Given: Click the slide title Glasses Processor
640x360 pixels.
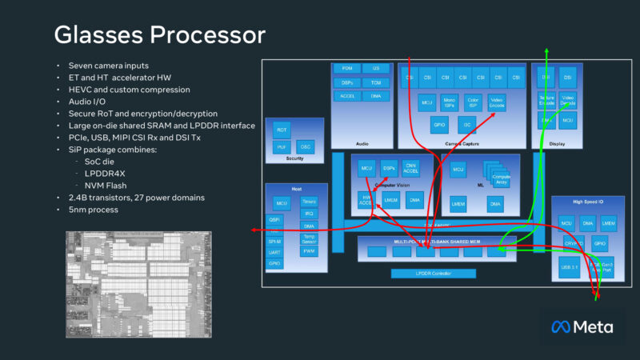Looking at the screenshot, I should pos(159,36).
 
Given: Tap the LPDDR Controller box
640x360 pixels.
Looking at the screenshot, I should pos(433,274).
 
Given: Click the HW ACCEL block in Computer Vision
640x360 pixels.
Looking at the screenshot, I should pos(366,201).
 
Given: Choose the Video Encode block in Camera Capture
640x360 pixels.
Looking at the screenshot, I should pos(496,102).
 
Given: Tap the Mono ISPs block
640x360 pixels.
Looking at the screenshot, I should pos(449,102).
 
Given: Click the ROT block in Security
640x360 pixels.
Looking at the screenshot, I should pos(282,130).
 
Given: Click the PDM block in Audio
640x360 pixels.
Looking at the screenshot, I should pos(347,69).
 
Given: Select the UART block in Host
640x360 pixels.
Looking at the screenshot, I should pos(274,252).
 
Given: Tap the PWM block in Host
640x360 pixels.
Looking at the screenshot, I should pos(309,251).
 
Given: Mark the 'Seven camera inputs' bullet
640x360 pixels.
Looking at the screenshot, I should pos(108,65).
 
